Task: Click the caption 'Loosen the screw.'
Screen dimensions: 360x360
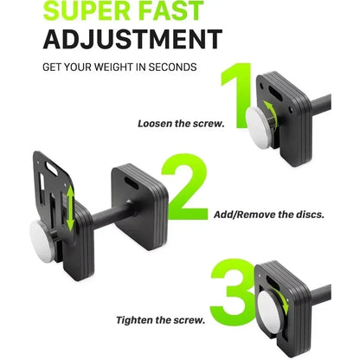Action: click(180, 124)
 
